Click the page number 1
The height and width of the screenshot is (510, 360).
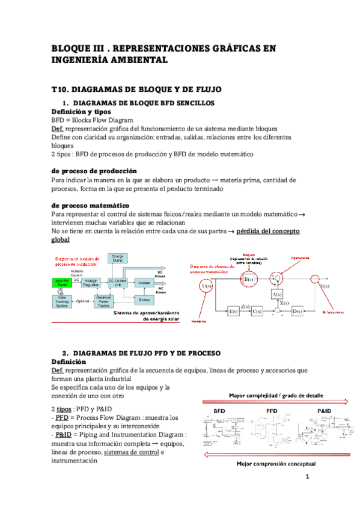(307, 478)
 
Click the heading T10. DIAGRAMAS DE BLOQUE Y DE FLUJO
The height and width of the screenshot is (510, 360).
(136, 89)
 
